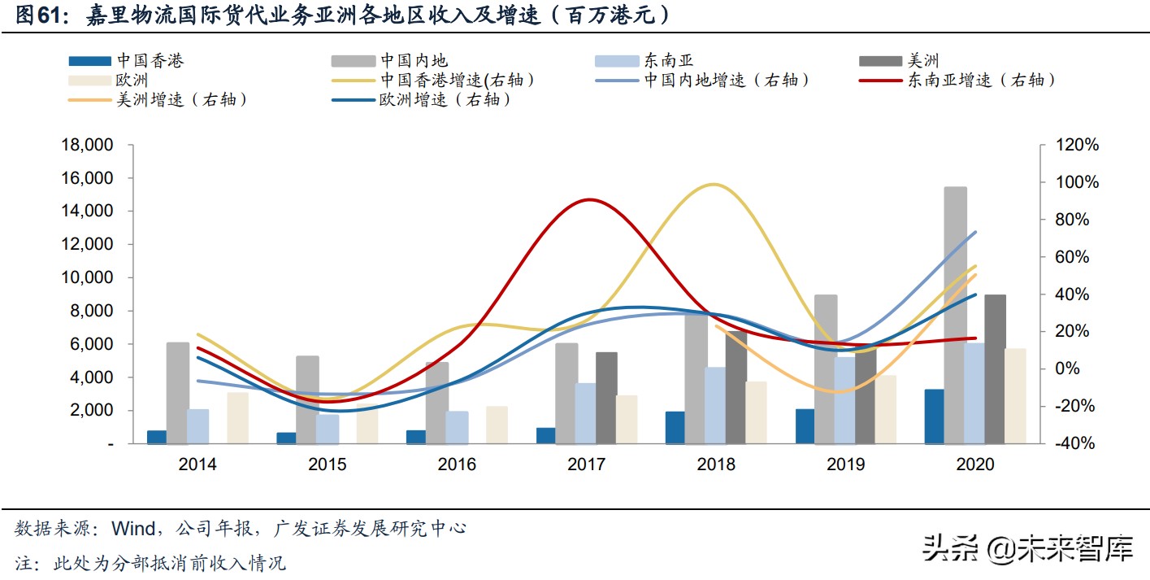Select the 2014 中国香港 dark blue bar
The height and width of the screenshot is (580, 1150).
click(x=157, y=437)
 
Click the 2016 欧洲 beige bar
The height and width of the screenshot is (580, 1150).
click(x=497, y=425)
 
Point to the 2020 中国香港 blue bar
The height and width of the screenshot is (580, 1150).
click(x=935, y=416)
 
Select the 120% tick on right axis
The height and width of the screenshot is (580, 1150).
click(x=1078, y=145)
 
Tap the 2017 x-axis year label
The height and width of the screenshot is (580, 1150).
click(x=586, y=464)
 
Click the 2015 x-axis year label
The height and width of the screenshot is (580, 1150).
click(x=327, y=464)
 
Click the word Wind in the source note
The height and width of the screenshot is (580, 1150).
click(x=133, y=529)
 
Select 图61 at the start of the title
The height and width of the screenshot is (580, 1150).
click(x=40, y=15)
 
